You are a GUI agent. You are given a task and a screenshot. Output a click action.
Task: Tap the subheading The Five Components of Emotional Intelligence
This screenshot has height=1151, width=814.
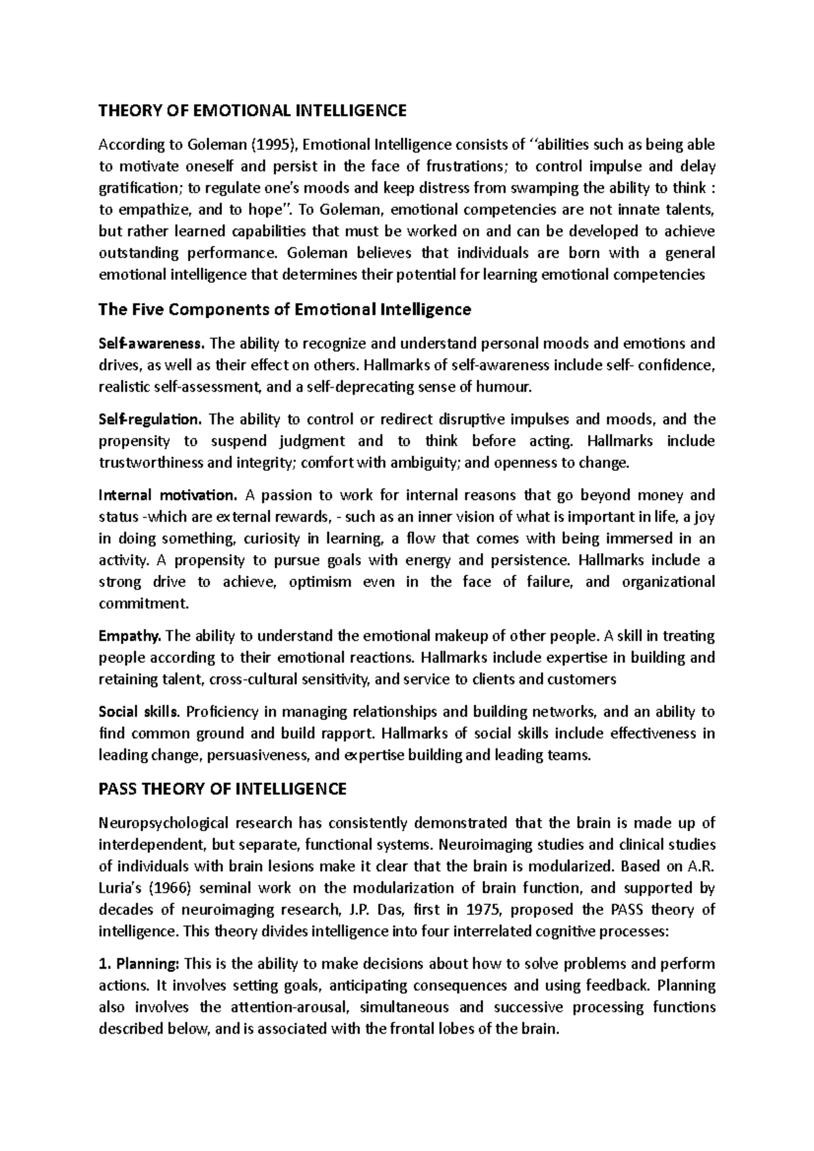[x=284, y=310]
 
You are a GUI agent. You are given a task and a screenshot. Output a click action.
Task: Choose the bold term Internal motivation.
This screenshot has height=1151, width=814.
[x=168, y=495]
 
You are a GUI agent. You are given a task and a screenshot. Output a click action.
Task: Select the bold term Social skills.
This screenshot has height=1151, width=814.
[x=139, y=712]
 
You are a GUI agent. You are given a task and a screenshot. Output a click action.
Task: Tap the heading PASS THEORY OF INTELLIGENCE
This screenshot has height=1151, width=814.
[x=222, y=789]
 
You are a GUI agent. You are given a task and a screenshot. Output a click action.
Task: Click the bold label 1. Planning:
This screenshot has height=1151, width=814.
[x=139, y=964]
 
